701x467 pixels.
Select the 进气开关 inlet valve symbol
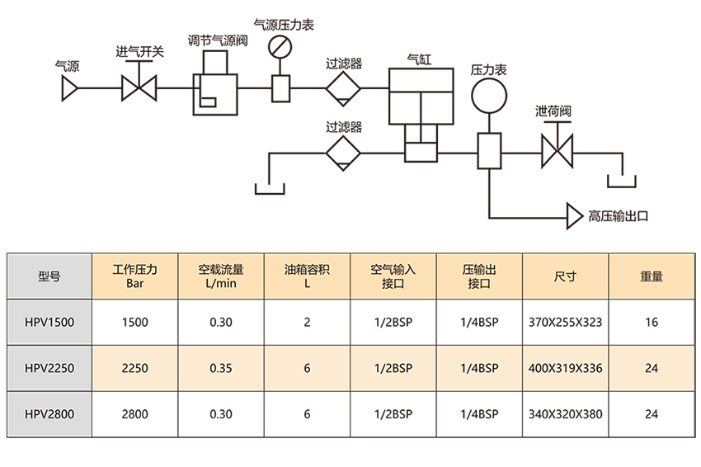(x=139, y=88)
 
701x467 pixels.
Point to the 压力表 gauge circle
(x=488, y=97)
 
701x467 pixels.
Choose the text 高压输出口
(x=619, y=217)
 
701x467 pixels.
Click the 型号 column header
(x=49, y=276)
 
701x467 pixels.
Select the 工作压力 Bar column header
(x=134, y=276)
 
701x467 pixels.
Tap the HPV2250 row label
(x=49, y=368)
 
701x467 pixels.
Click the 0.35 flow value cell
(x=220, y=368)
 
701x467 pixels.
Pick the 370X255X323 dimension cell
(x=565, y=323)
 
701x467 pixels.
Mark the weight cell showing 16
(x=652, y=323)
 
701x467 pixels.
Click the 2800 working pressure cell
(x=134, y=414)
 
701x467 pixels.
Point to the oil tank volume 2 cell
(x=307, y=323)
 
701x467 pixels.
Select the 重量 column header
(x=652, y=276)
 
